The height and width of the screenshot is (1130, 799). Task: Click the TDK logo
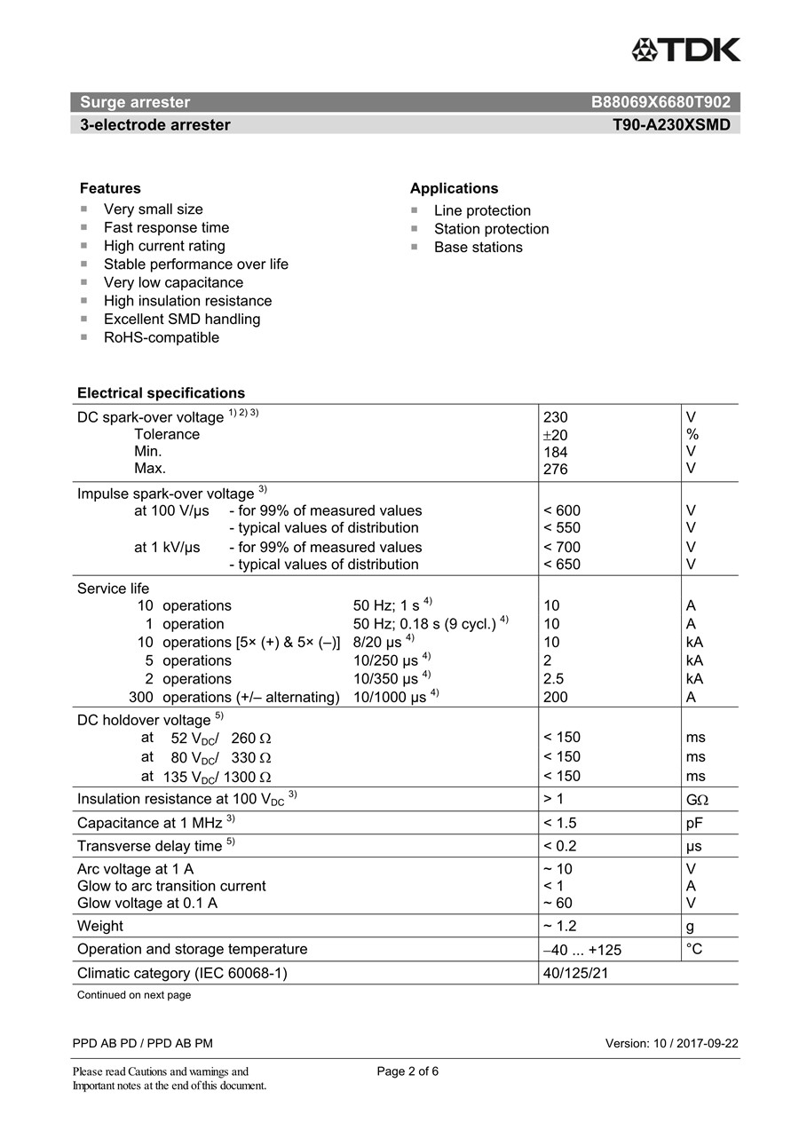685,50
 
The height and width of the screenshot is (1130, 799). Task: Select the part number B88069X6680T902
661,102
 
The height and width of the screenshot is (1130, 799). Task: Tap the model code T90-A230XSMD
671,125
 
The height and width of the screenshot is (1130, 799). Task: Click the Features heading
110,188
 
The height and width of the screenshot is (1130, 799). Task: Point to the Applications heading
454,188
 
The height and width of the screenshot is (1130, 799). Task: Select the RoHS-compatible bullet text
161,337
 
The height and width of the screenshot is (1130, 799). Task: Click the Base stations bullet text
478,247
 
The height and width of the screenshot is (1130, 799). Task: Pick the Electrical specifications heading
161,392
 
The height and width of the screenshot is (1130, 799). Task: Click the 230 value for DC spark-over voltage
555,417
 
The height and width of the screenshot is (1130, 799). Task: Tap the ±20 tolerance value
555,435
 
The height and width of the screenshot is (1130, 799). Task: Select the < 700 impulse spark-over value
561,547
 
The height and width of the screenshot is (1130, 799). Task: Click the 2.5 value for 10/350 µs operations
553,679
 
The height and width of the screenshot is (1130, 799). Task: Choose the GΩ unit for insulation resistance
697,800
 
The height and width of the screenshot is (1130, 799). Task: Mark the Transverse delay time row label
149,846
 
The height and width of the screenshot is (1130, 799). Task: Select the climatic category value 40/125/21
575,973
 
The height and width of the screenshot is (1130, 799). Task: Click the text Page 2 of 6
407,1071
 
